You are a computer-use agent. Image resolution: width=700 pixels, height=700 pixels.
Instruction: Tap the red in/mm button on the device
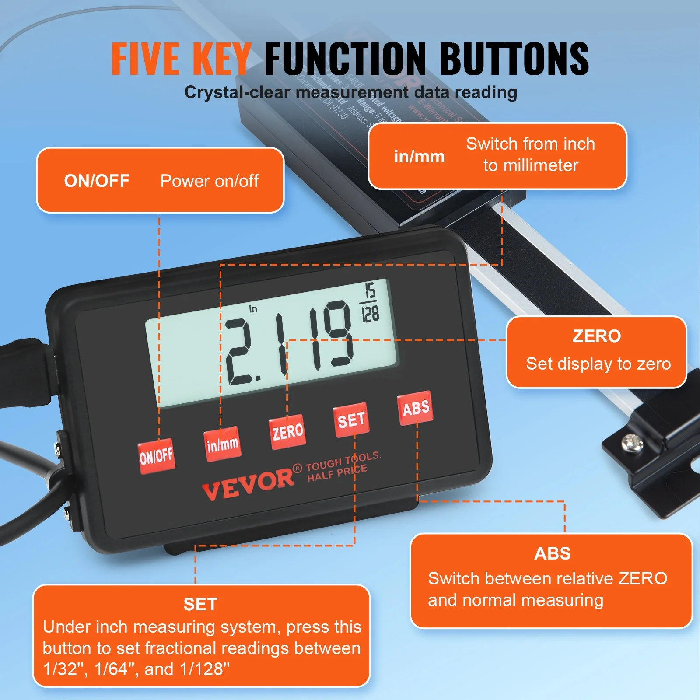pos(222,444)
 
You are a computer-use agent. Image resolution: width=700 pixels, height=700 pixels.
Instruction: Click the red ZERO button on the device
pos(287,432)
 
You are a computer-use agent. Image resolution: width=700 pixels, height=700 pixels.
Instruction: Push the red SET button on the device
pos(351,420)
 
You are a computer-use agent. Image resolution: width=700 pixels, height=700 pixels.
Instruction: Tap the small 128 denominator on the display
pos(370,314)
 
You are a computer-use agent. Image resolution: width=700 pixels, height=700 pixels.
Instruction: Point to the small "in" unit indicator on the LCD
pos(253,309)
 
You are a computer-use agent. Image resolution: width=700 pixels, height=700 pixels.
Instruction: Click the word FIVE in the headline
pos(145,59)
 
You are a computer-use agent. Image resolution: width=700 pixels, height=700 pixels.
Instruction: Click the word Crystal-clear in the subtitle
pos(237,92)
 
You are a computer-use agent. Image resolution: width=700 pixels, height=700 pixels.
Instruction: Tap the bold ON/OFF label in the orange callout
pos(97,181)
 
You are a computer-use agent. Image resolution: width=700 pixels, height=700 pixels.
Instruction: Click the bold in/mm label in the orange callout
pos(419,157)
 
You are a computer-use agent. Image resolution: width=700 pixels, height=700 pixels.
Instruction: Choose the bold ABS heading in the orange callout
pos(552,554)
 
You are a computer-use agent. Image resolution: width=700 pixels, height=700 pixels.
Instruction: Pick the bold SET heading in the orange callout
pos(200,604)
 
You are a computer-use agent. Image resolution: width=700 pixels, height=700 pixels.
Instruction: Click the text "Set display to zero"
pos(598,364)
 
